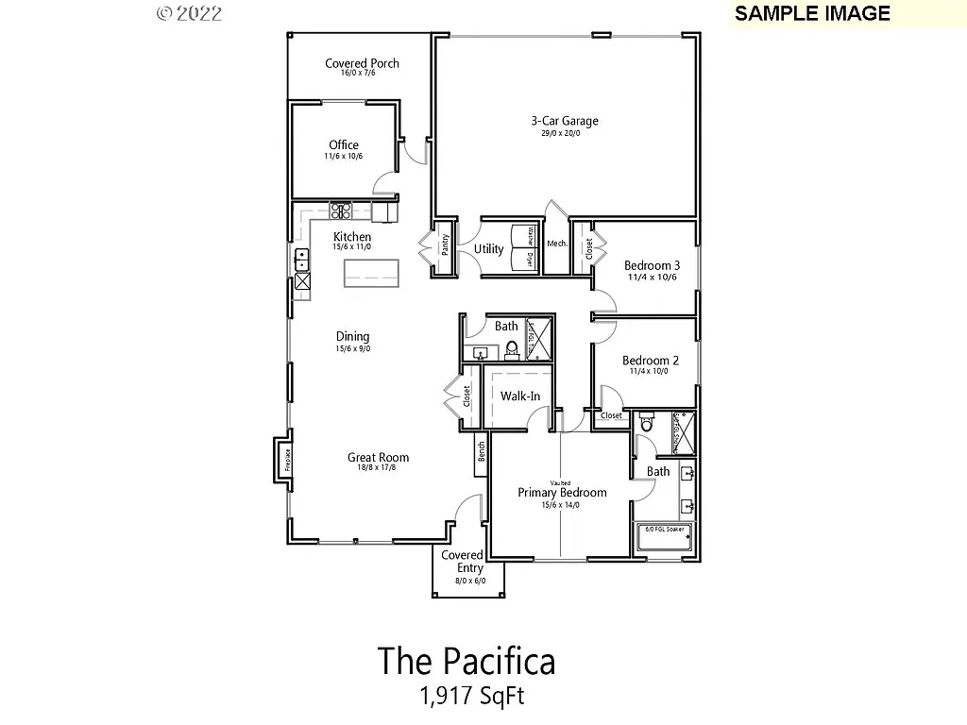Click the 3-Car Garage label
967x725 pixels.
[564, 121]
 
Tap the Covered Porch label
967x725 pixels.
[362, 64]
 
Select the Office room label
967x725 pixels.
[344, 145]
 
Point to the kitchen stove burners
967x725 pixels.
[340, 211]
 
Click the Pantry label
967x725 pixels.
[444, 246]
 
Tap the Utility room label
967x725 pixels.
[488, 249]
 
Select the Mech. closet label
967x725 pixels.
[556, 244]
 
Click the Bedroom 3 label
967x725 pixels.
[652, 265]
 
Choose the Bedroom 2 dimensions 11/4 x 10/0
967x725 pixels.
[649, 372]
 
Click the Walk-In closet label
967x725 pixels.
[519, 396]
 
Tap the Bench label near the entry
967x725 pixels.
[481, 451]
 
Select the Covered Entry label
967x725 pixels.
[463, 562]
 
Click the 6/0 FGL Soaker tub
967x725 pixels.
[666, 538]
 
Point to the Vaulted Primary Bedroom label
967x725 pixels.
[561, 492]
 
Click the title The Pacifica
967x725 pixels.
[467, 661]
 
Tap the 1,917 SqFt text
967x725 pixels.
[471, 697]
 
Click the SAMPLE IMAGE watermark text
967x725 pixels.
[812, 13]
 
